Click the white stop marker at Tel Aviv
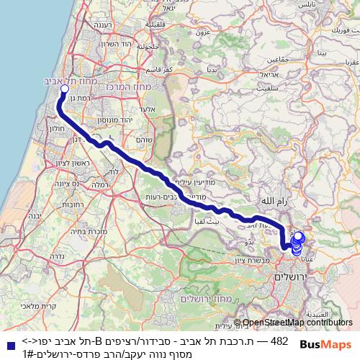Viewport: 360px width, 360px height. pos(64,89)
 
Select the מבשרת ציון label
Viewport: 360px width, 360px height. pos(253,261)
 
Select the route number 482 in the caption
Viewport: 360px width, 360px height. pos(279,340)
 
